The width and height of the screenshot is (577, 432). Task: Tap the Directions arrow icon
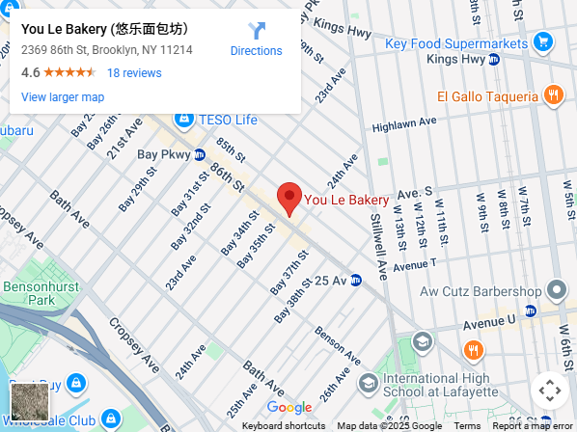[256, 31]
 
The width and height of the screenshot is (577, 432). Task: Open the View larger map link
[63, 96]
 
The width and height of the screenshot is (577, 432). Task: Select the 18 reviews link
[134, 73]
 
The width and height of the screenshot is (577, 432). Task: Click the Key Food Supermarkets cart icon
[544, 42]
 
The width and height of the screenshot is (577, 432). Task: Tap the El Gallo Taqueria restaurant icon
[553, 95]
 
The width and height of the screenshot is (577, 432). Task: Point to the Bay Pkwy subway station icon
[200, 154]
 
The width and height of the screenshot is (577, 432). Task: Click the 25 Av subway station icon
[356, 281]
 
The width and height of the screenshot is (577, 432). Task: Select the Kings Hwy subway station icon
[493, 60]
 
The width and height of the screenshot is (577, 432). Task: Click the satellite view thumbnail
[29, 401]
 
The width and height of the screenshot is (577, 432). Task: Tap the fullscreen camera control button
[549, 391]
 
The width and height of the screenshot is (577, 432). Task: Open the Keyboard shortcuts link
[284, 426]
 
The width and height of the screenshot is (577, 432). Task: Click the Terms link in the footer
[467, 426]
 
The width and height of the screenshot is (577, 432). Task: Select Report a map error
[533, 426]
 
